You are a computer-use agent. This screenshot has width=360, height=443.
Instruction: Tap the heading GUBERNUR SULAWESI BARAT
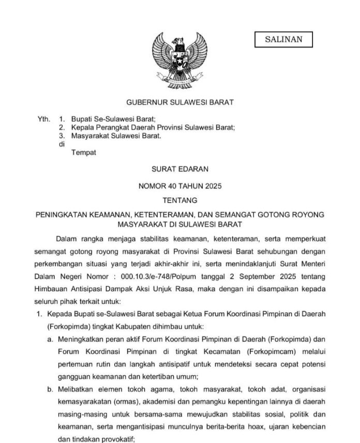[x=180, y=102]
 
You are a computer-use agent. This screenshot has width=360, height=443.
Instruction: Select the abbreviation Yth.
[x=44, y=119]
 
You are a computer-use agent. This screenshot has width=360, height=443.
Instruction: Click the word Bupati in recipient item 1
[x=82, y=119]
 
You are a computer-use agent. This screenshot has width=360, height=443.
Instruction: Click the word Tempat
[x=84, y=153]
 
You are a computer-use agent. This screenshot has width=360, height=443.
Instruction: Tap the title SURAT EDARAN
[x=179, y=169]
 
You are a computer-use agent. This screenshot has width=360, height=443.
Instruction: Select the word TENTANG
[x=179, y=200]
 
